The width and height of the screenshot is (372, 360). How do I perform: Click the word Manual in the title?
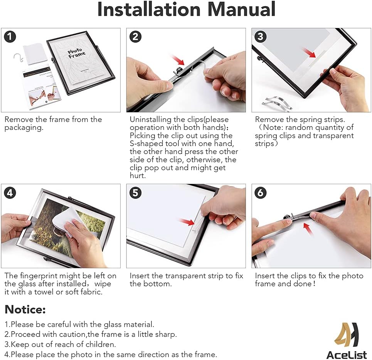click(241, 10)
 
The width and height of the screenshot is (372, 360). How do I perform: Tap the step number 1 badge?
click(10, 37)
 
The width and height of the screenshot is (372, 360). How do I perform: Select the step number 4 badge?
click(10, 193)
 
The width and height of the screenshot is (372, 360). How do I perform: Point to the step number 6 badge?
click(261, 193)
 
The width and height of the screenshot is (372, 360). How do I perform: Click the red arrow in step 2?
click(178, 60)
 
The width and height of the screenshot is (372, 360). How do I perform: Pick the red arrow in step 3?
click(309, 52)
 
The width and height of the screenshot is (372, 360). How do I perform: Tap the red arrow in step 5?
click(187, 222)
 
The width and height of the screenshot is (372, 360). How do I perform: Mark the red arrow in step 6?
click(308, 229)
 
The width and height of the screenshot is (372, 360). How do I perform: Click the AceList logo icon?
click(347, 335)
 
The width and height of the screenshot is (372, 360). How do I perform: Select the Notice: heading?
click(25, 309)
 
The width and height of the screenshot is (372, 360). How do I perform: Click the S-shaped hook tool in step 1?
click(18, 58)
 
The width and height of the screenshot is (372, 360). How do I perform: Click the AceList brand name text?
click(347, 355)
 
